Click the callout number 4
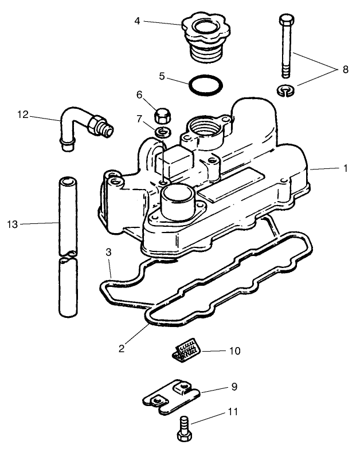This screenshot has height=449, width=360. pos(138,21)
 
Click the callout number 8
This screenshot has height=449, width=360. pos(345,69)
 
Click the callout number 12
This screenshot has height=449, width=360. pos(22,114)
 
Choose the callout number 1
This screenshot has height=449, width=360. pos(345,168)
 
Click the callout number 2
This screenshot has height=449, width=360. pos(122,347)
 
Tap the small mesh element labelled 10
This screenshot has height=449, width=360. pos(187,349)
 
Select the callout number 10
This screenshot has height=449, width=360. pos(234,350)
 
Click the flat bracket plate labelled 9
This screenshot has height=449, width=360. pos(173,395)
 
